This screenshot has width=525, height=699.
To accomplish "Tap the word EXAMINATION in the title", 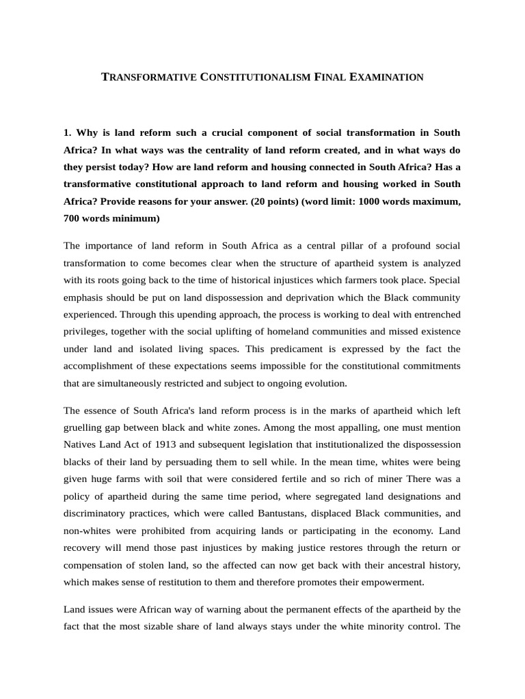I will click(x=386, y=77).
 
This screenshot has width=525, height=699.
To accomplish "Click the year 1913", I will click(x=156, y=444).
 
